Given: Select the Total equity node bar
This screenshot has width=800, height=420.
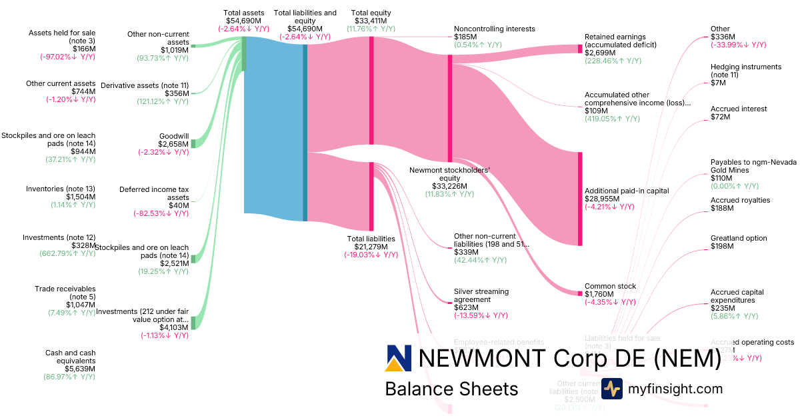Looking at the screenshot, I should coord(371,90).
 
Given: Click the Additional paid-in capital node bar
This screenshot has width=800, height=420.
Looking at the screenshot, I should coord(580,199).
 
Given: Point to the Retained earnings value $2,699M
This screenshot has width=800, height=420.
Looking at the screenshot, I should coord(600,52).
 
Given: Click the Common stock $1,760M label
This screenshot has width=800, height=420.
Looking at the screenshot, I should coord(610,291).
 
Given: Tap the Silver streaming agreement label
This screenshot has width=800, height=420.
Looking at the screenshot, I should coord(481,295).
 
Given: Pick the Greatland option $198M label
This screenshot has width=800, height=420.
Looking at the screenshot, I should coord(739,243).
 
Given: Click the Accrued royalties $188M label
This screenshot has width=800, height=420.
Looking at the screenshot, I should coord(740,204).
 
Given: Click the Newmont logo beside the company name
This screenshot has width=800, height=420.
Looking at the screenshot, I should coord(399,358).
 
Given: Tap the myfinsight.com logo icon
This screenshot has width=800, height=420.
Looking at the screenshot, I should coord(611,389).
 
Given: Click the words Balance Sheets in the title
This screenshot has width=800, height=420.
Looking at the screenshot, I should coord(451,389).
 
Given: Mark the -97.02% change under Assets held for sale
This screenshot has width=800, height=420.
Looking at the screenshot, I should coord(67,57).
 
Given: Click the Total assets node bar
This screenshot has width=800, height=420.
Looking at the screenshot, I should coord(244,53).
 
